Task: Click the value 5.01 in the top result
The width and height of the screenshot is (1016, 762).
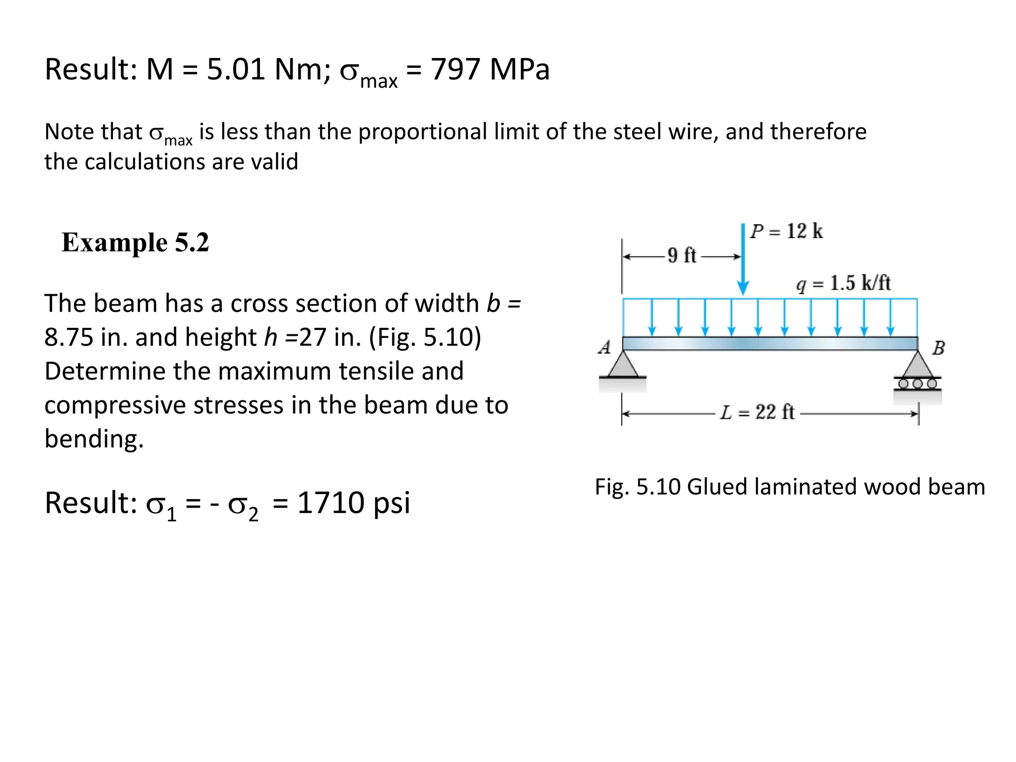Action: pos(236,69)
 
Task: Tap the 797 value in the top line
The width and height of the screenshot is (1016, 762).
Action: pos(455,69)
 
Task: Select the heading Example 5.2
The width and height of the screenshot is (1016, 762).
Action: pos(135,243)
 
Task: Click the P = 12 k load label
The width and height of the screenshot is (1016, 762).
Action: pos(786,231)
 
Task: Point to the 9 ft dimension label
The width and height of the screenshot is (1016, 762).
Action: pos(682,255)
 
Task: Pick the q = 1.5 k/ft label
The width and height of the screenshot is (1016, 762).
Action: pos(843,283)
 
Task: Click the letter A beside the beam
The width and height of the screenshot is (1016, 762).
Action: pos(604,347)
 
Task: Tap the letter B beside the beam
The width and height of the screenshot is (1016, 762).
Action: pos(938,348)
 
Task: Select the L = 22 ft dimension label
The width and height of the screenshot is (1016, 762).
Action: pos(757,412)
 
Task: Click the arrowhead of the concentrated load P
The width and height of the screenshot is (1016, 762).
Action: pos(743,288)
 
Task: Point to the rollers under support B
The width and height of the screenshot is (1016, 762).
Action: pos(918,383)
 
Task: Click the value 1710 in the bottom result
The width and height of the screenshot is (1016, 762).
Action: pos(331,503)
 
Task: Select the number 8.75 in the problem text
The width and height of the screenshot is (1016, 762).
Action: pos(69,337)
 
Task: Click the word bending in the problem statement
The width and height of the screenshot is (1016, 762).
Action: pos(94,439)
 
